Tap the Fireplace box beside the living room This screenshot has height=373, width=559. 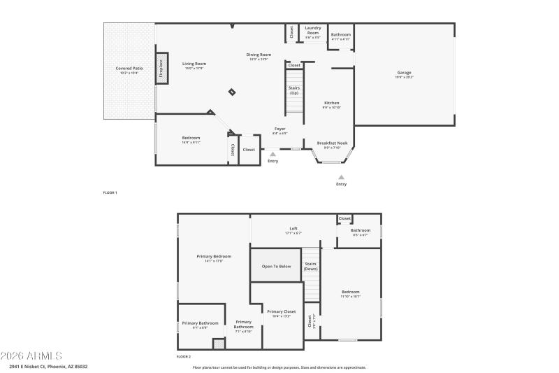pos(161,69)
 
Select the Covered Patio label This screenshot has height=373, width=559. pos(129,70)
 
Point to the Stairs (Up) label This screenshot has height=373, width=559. pos(294,90)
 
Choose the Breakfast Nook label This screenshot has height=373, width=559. pos(332,144)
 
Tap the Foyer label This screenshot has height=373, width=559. pos(279,129)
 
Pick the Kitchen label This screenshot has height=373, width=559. pos(331,104)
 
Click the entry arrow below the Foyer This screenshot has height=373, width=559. pos(273,154)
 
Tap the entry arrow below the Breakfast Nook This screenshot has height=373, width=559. pos(341,177)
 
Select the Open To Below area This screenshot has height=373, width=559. pos(276,267)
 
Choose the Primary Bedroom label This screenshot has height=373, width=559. pos(214,258)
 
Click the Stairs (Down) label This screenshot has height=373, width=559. pos(310,267)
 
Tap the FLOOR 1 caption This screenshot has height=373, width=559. pos(110,192)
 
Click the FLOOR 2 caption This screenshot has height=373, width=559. pos(183,357)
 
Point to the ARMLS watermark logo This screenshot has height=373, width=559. pos(31,356)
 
